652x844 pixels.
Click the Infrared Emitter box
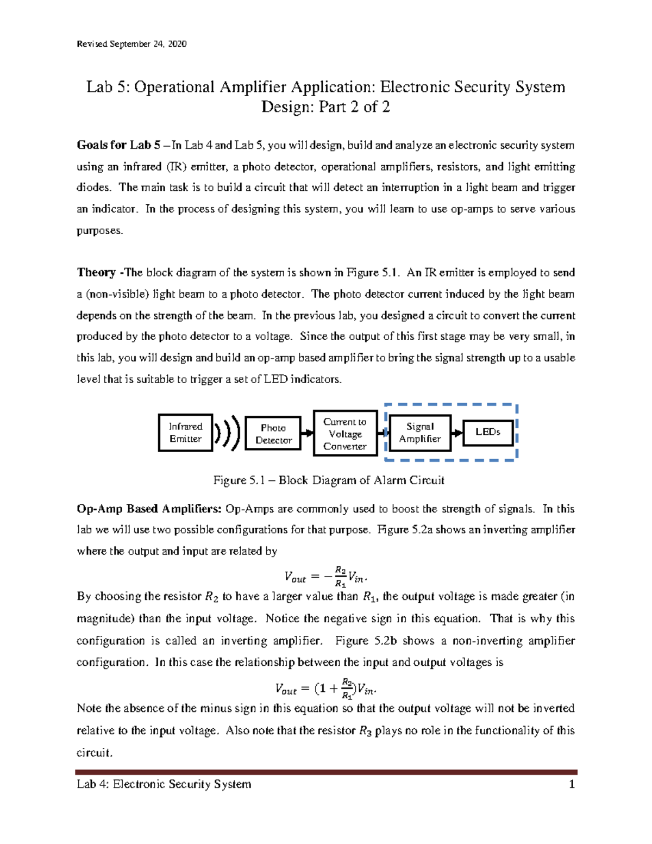(x=185, y=433)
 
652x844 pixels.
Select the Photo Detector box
(x=273, y=434)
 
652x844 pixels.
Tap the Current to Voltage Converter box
(x=345, y=434)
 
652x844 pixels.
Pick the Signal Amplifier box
(x=420, y=433)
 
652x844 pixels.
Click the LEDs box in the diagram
(x=488, y=432)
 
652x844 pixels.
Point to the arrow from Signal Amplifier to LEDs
(x=457, y=433)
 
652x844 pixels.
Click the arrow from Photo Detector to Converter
(x=308, y=433)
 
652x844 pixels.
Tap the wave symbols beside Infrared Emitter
(x=227, y=433)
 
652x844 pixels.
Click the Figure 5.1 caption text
(x=328, y=480)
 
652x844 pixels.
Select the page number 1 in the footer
(x=571, y=784)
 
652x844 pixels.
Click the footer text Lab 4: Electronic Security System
(x=164, y=784)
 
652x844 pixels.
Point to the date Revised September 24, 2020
(x=131, y=44)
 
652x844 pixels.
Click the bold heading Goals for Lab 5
(x=118, y=145)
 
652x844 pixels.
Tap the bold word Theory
(x=97, y=272)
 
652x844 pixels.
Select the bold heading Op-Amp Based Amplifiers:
(x=149, y=509)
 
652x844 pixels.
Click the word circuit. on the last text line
(x=95, y=753)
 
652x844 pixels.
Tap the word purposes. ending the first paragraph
(x=100, y=230)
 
